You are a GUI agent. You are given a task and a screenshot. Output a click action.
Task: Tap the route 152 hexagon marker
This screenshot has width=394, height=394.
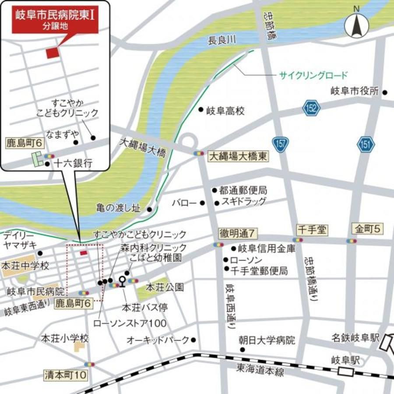point(311,108)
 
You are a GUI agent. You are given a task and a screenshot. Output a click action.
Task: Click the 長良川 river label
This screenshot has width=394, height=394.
point(222,40)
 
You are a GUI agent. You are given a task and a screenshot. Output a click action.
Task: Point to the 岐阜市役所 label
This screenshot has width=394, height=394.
point(354,91)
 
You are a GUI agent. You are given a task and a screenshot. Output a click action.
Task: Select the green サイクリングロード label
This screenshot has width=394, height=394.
point(313,75)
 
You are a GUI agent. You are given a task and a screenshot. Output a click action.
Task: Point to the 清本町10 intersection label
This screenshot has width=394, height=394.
point(66,375)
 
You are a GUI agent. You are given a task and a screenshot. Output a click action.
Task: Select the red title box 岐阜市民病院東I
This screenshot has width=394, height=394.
point(55,20)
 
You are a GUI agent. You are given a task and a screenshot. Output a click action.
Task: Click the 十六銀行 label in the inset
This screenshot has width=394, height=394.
point(73,164)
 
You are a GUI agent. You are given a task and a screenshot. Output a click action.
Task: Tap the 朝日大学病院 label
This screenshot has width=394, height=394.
point(267,340)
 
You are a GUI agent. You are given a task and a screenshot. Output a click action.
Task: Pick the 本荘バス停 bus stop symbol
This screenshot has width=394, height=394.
point(122,280)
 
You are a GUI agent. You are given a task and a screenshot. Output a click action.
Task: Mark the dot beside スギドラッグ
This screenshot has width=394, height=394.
point(217,203)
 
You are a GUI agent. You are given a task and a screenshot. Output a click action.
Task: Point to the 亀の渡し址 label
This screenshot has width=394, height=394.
point(119,208)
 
